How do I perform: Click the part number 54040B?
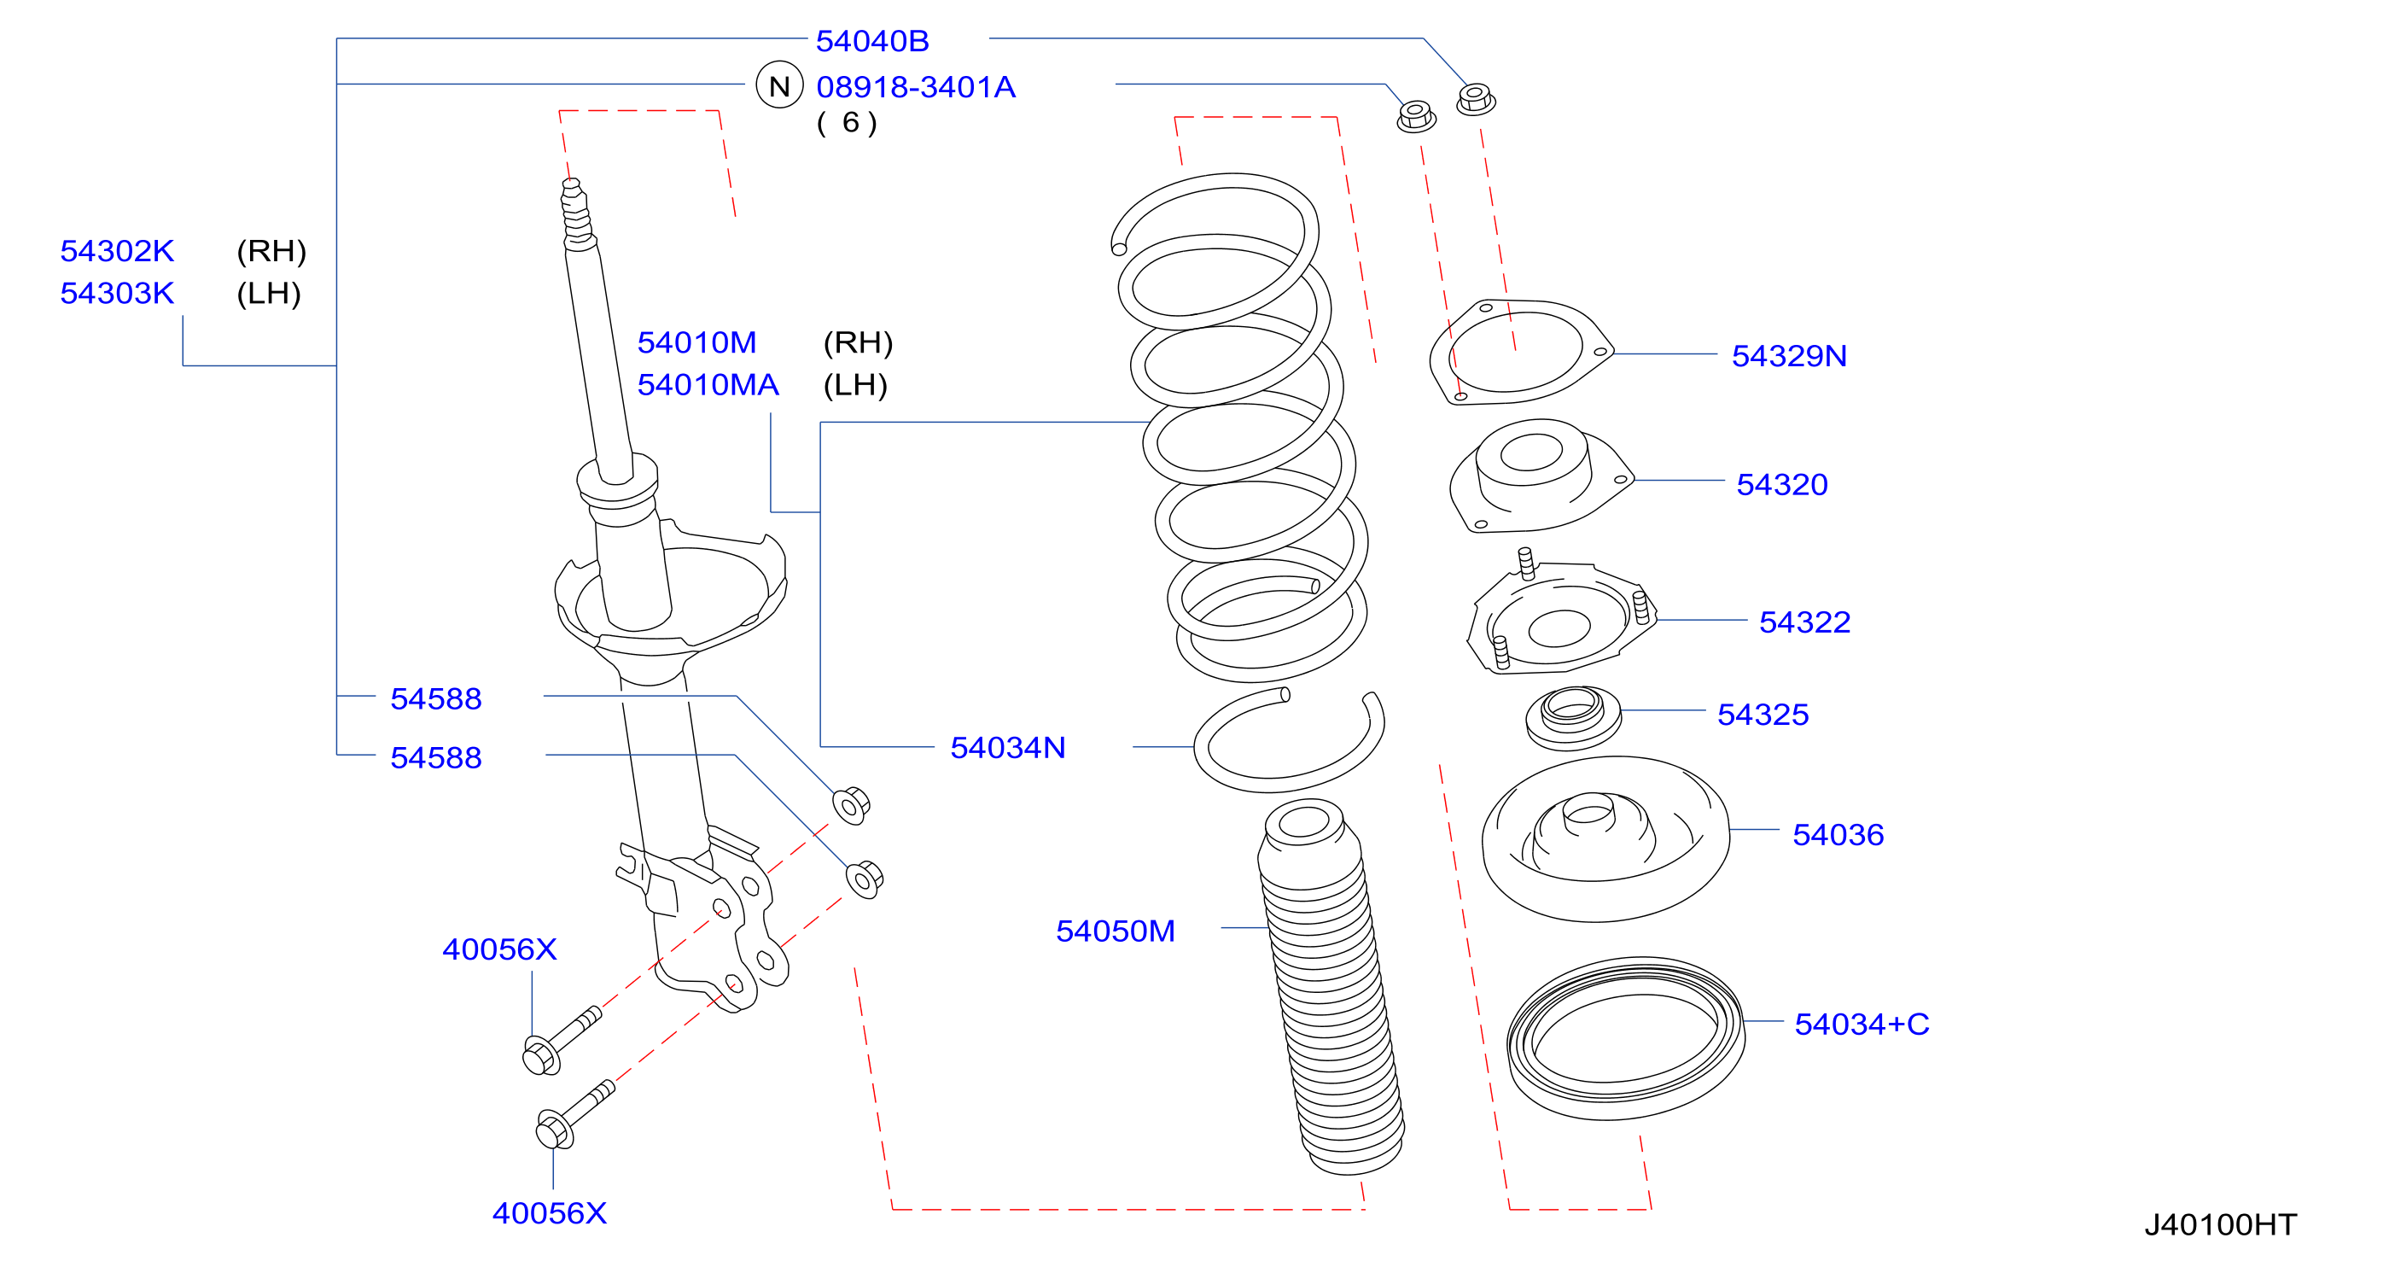871,41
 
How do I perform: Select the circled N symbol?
779,85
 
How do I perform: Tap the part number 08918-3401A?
915,86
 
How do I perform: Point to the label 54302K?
117,250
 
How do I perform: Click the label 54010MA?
708,384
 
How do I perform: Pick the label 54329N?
1789,355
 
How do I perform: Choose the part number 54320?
1781,484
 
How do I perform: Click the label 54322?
1804,622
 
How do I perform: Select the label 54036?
1838,835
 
